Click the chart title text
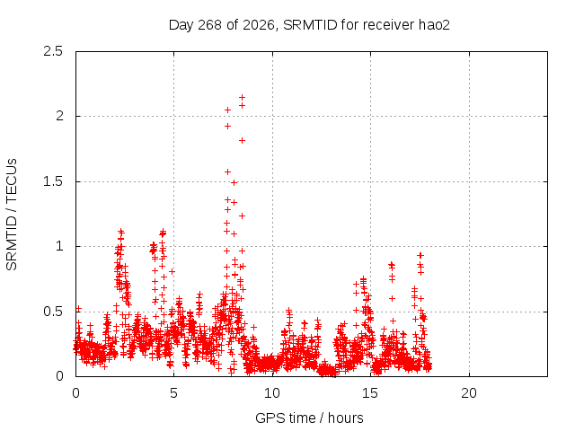[x=309, y=25]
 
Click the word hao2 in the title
[x=434, y=25]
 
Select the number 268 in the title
[x=209, y=25]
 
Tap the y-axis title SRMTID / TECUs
[x=12, y=215]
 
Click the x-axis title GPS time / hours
[x=309, y=418]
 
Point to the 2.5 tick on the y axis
[x=53, y=51]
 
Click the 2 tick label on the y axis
[x=59, y=116]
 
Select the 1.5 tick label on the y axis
[x=53, y=181]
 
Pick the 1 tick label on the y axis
[x=60, y=246]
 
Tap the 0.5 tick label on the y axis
[x=53, y=312]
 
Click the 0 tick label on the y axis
[x=59, y=376]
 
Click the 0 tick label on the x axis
[x=75, y=393]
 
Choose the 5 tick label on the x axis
[x=173, y=393]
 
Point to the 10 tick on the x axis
[x=272, y=393]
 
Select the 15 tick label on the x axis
[x=370, y=393]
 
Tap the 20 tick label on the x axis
[x=469, y=393]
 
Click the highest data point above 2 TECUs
[x=242, y=98]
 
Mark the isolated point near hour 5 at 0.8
[x=172, y=271]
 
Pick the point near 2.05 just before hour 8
[x=227, y=110]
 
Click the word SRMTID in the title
[x=310, y=25]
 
